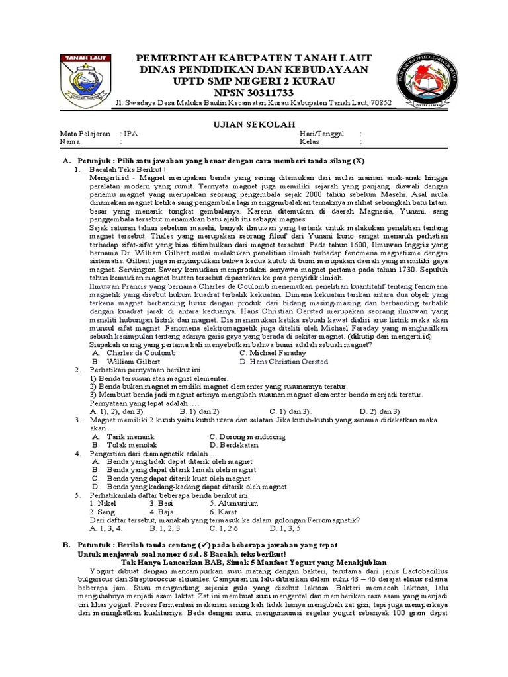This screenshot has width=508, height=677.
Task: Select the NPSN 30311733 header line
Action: click(x=253, y=92)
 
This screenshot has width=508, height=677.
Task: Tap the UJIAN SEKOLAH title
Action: click(x=253, y=122)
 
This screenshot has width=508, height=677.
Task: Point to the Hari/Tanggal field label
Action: click(x=321, y=133)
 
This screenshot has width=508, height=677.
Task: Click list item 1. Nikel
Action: click(x=103, y=503)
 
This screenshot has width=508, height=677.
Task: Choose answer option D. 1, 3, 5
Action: click(x=285, y=528)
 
